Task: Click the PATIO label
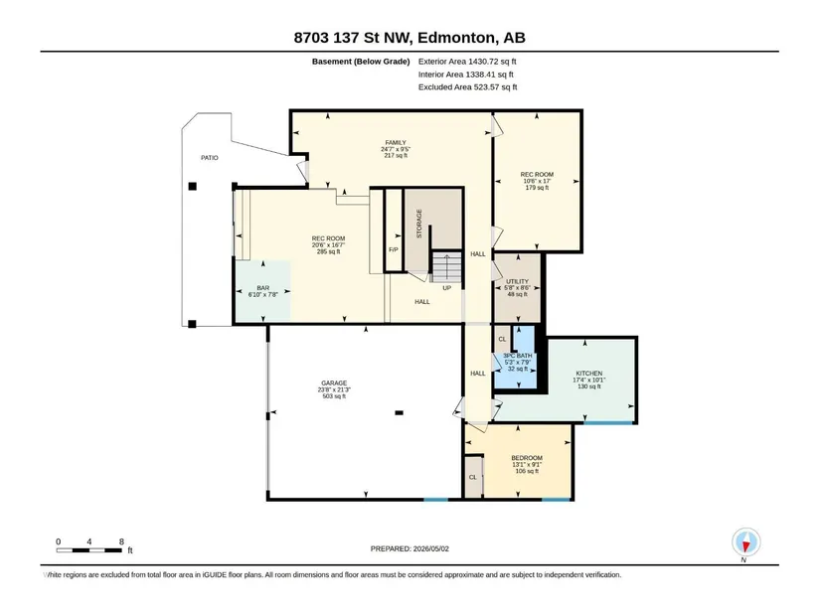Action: [210, 157]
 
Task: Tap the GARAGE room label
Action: [334, 384]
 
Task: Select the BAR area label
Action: [263, 288]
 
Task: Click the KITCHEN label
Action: [589, 374]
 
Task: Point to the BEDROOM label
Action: [527, 458]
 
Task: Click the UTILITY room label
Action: [517, 281]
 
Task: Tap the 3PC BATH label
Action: [518, 356]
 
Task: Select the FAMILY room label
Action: [396, 143]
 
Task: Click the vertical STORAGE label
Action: [418, 224]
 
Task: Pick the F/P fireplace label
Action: [394, 250]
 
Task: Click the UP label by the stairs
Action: [447, 288]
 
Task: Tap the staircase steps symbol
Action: [446, 266]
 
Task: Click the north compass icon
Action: [746, 542]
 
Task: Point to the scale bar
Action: [89, 550]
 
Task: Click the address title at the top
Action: [410, 38]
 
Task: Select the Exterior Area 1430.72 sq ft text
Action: [467, 62]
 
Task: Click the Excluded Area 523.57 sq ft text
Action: [467, 87]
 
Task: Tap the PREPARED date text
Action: [410, 548]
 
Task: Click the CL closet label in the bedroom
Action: [473, 478]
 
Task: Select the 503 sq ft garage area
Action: [334, 396]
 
